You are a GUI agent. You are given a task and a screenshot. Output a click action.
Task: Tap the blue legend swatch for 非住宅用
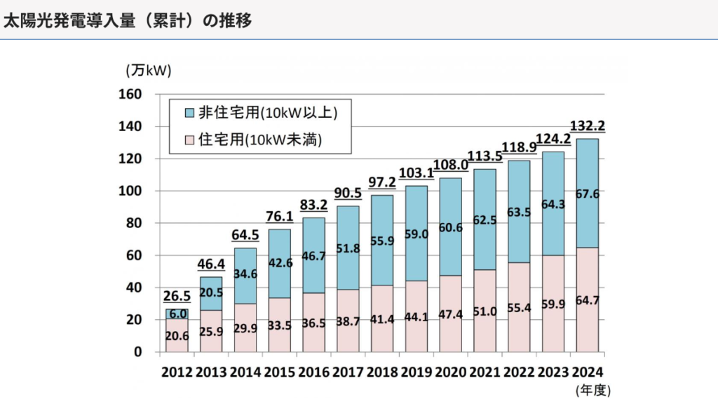189,112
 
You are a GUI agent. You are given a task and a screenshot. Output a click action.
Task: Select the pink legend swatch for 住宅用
189,140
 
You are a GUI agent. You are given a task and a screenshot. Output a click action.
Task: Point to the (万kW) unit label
148,70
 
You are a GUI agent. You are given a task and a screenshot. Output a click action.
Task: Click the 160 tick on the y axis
132,94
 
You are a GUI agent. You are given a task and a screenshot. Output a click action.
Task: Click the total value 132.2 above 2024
588,126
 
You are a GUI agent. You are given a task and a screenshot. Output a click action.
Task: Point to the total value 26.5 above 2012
176,297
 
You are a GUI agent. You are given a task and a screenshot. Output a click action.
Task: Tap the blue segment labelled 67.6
588,194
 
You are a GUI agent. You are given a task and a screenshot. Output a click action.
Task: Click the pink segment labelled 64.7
588,302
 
